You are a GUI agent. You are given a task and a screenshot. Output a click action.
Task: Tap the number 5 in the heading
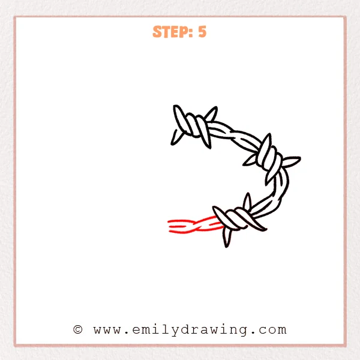(x=202, y=32)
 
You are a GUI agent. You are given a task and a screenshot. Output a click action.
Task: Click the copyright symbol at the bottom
(x=77, y=329)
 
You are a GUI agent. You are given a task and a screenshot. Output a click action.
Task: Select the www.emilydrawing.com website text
(x=190, y=329)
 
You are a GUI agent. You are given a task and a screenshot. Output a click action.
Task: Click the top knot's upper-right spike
(x=211, y=113)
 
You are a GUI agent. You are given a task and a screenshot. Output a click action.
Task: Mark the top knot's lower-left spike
(x=176, y=138)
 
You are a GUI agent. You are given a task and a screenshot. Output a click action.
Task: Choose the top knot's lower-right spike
(x=207, y=140)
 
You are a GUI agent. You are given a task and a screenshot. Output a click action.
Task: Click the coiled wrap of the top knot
(x=194, y=126)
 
